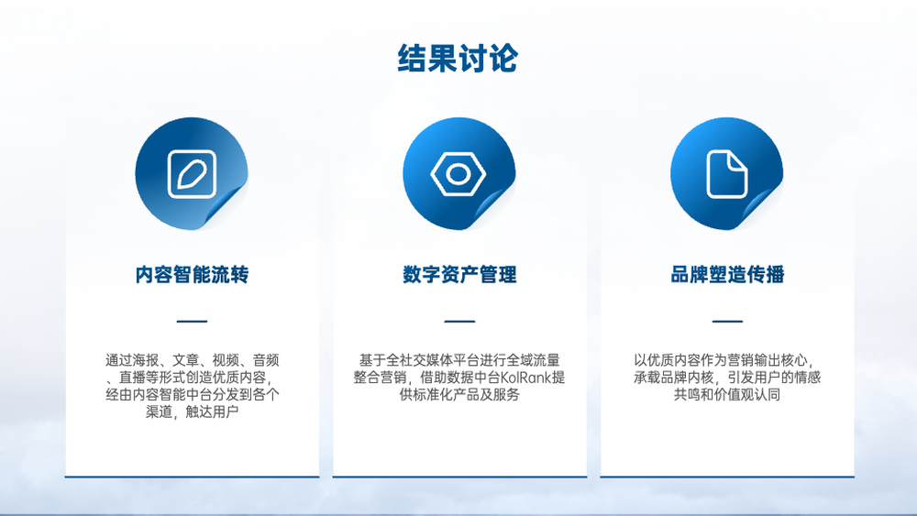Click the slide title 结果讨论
[x=458, y=58]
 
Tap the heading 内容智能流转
[x=192, y=274]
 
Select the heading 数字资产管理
[x=459, y=274]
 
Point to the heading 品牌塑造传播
[x=727, y=274]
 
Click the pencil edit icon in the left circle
[x=192, y=174]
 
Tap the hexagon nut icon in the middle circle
[x=458, y=173]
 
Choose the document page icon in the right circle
[x=727, y=174]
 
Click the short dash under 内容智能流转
[x=192, y=321]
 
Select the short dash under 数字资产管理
[x=459, y=321]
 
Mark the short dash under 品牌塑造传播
[x=727, y=321]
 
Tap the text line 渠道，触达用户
[x=192, y=412]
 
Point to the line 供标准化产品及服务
[x=459, y=394]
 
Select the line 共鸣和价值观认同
[x=727, y=394]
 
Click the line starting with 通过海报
[x=192, y=360]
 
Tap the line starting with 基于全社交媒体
[x=459, y=360]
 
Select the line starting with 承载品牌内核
[x=727, y=378]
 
